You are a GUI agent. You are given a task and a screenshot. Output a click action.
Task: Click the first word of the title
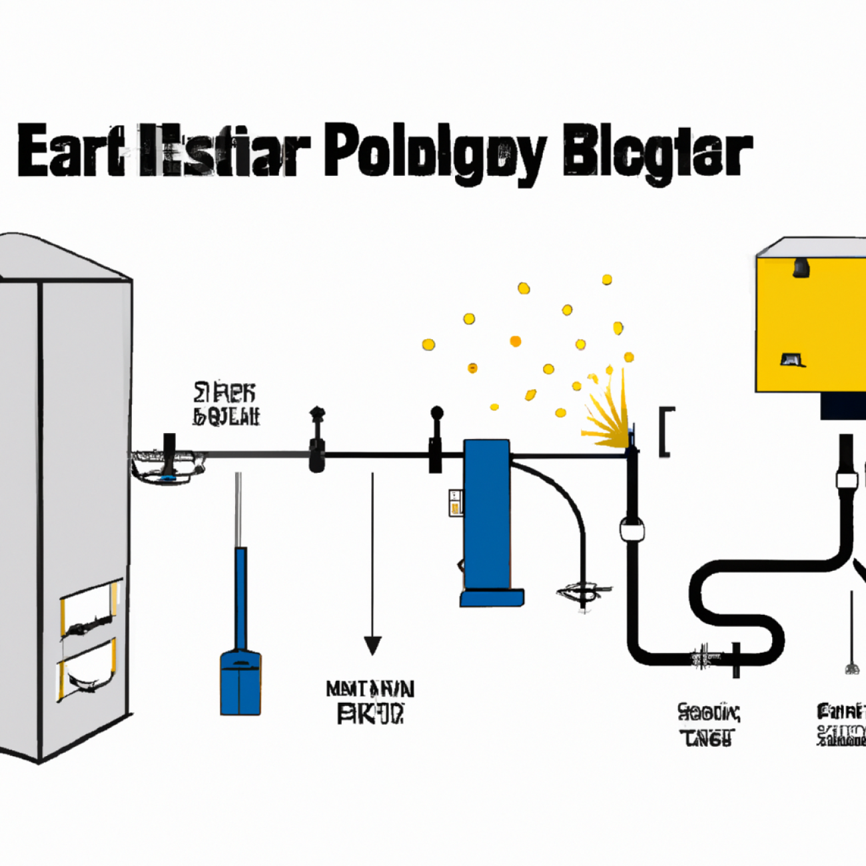pyautogui.click(x=71, y=152)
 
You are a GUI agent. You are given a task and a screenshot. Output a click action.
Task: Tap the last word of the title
pyautogui.click(x=657, y=152)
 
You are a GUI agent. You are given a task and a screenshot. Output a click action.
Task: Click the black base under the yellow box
pyautogui.click(x=843, y=406)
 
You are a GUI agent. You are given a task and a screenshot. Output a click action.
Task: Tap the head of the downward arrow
pyautogui.click(x=372, y=645)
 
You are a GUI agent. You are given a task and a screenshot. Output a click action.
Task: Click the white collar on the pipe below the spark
pyautogui.click(x=632, y=531)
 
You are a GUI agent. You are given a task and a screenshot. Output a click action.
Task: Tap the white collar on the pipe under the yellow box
pyautogui.click(x=846, y=480)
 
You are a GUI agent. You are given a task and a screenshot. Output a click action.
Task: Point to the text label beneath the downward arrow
pyautogui.click(x=370, y=701)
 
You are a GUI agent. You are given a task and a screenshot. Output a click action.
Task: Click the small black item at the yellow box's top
pyautogui.click(x=801, y=268)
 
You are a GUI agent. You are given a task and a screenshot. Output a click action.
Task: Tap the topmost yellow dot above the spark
pyautogui.click(x=607, y=280)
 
